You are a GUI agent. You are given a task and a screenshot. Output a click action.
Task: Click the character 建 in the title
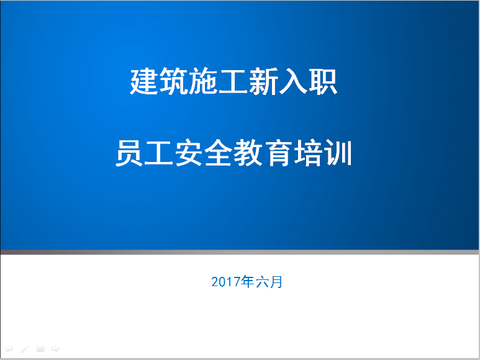coord(144,81)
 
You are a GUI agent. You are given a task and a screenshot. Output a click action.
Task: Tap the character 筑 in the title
coord(174,81)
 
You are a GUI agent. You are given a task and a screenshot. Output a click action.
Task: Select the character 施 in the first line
coord(204,81)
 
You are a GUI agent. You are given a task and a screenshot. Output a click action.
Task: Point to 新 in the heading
coord(263,81)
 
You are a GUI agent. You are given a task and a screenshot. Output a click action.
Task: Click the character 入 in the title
coord(292,81)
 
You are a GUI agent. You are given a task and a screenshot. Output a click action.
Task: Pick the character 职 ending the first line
coord(323,81)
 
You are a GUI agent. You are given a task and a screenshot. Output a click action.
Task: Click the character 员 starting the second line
coord(129,153)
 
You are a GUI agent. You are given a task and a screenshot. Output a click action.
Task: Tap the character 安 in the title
coord(189,153)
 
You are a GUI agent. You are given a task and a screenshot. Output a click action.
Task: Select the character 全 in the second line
coord(219,153)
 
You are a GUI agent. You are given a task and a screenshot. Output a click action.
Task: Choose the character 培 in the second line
coord(308,153)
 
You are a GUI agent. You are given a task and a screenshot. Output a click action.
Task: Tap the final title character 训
coord(338,153)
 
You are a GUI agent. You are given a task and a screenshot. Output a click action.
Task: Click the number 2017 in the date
coord(226,282)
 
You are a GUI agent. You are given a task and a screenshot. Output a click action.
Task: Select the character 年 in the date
coord(248,282)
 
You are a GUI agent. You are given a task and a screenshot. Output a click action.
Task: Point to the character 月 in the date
coord(276,282)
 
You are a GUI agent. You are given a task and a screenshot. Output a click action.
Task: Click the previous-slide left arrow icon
coord(9,348)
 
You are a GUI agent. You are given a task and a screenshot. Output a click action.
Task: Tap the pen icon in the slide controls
coord(24,349)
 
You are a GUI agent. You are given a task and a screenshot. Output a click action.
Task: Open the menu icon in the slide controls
coord(40,349)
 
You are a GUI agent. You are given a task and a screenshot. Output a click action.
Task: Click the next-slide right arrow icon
coord(55,348)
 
